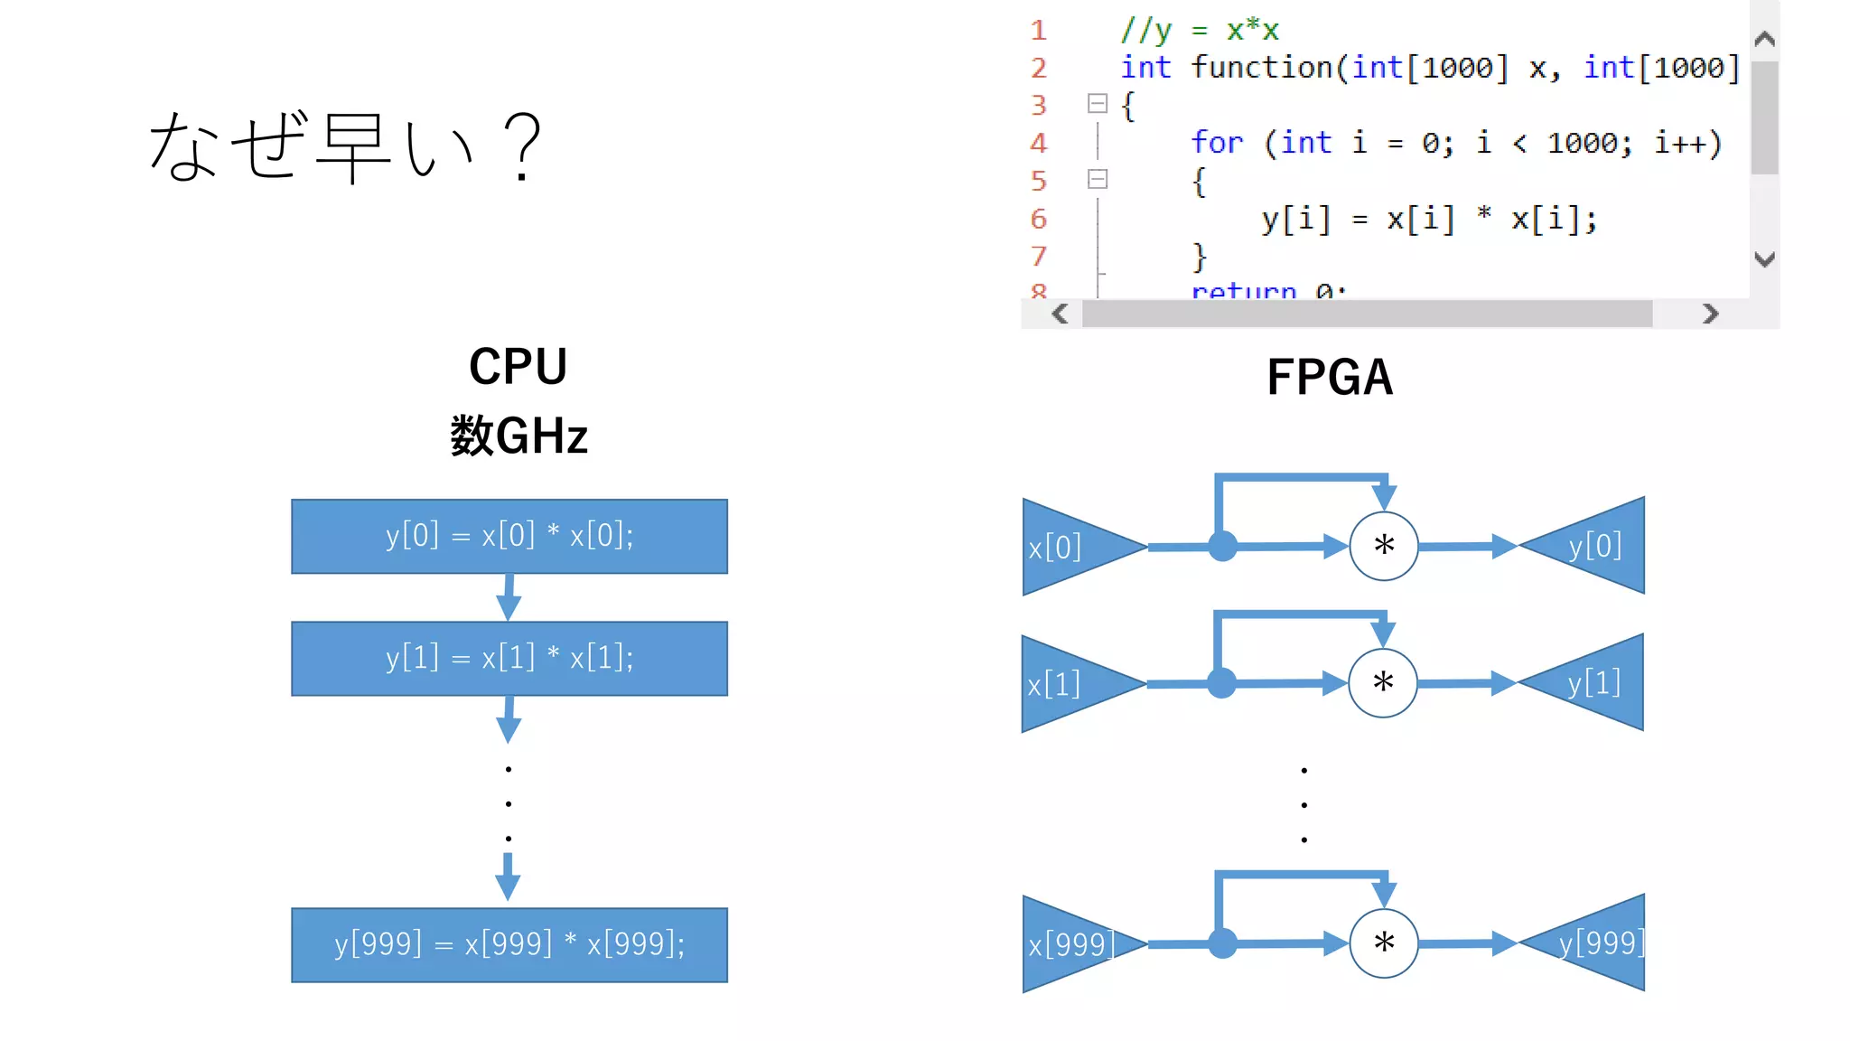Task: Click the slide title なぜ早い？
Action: coord(345,146)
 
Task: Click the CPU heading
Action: coord(518,367)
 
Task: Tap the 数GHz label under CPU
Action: coord(519,436)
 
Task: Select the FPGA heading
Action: coord(1330,378)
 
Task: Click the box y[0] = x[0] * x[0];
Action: coord(509,536)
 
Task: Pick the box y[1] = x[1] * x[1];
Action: coord(509,658)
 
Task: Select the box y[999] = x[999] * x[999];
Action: coord(509,944)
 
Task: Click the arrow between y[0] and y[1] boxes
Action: coord(509,597)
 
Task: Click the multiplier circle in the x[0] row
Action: coord(1383,546)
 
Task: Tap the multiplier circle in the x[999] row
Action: coord(1383,943)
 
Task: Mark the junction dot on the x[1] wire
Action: coord(1221,683)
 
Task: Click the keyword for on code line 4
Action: coord(1216,143)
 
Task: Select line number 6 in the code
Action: coord(1039,219)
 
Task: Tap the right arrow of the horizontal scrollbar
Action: coord(1709,314)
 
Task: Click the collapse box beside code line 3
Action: coord(1098,104)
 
